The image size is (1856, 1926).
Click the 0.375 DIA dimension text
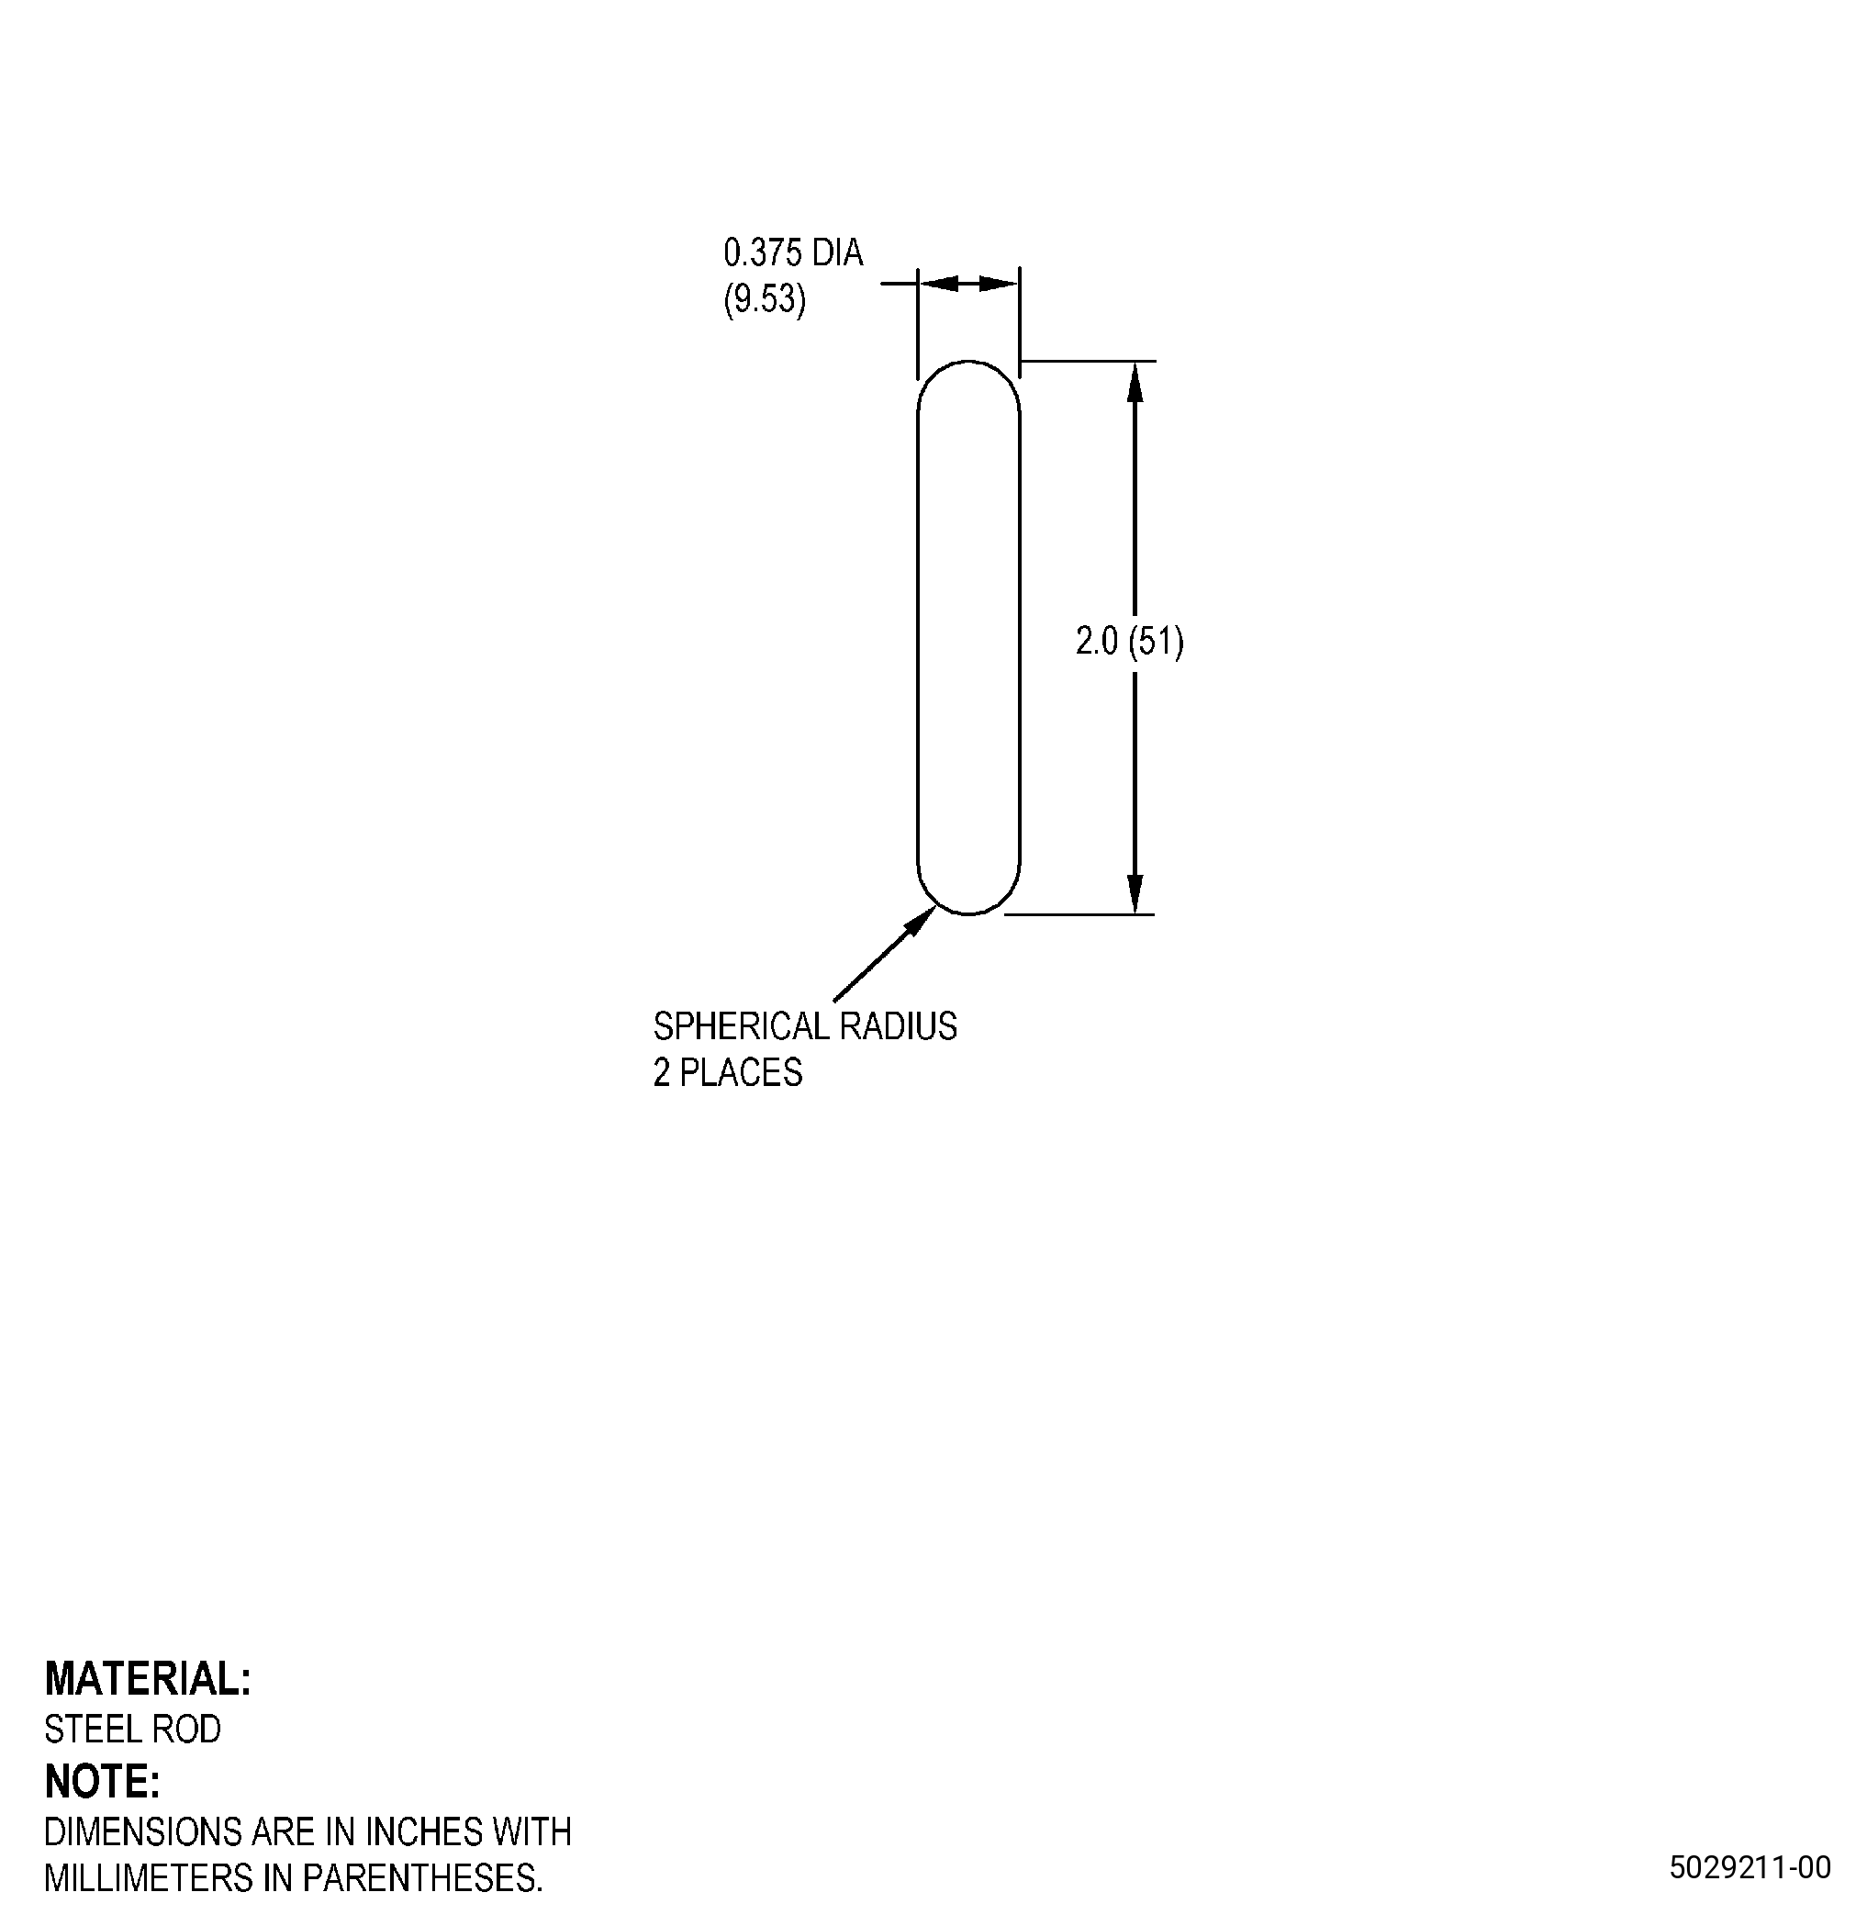[793, 253]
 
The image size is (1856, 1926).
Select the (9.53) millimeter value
[765, 298]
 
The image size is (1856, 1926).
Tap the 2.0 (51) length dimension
[1129, 642]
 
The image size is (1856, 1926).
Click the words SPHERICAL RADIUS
[805, 1026]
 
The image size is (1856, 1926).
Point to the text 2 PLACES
[727, 1072]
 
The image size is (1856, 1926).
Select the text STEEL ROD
[133, 1729]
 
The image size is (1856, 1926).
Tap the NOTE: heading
[102, 1781]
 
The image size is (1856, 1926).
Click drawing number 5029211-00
[1750, 1867]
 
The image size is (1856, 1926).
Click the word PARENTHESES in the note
[421, 1878]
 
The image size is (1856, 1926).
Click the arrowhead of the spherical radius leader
[923, 918]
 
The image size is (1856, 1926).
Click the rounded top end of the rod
[968, 362]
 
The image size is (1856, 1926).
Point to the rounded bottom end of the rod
[968, 913]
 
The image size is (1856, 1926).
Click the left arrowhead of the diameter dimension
[938, 284]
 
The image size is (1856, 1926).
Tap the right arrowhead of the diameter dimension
[1000, 284]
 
